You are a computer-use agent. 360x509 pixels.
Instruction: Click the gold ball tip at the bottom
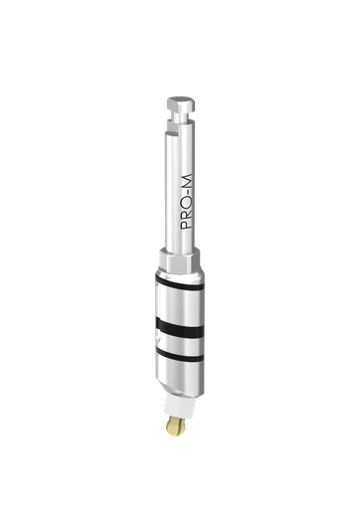tap(175, 426)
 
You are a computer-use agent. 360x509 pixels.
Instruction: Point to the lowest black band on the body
tap(180, 352)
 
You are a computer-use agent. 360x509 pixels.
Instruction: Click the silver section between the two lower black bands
tap(180, 339)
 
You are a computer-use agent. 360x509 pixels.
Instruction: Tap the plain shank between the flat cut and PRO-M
tap(180, 149)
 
